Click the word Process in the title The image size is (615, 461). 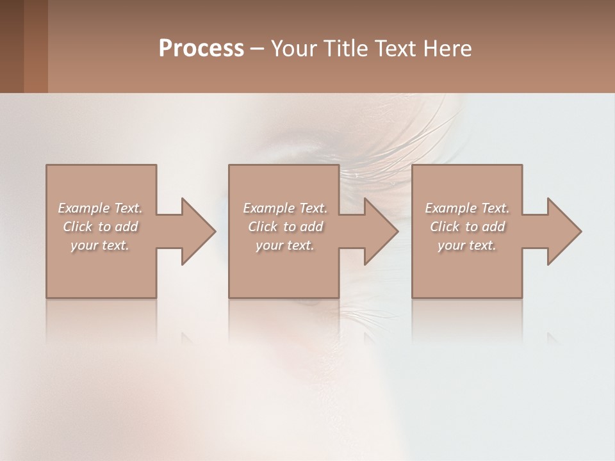click(201, 49)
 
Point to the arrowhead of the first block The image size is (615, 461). click(199, 231)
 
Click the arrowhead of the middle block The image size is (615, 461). click(381, 231)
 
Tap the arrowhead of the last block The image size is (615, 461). click(564, 231)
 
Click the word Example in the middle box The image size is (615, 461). click(269, 208)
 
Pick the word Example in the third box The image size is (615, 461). click(451, 208)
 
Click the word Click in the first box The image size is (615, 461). click(78, 227)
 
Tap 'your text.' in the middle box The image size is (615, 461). click(284, 245)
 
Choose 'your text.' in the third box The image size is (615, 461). click(466, 245)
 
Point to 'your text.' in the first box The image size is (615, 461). click(100, 245)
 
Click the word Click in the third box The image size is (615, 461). click(445, 227)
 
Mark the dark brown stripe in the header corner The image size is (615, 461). click(12, 46)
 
